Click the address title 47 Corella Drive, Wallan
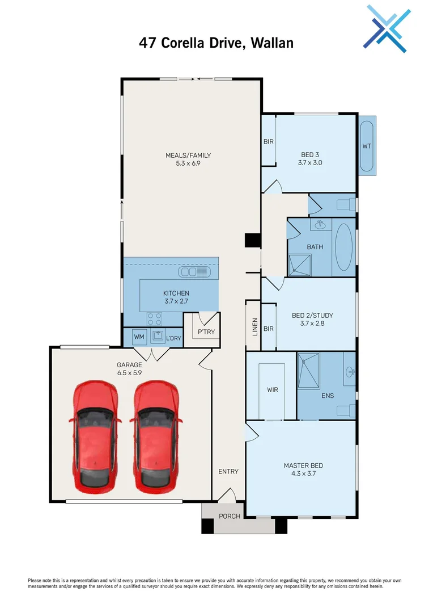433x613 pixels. click(x=216, y=43)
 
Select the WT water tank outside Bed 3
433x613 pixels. click(x=367, y=146)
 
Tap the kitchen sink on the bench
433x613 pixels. click(x=195, y=272)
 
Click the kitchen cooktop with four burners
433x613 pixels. click(x=154, y=319)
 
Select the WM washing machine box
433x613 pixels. click(x=139, y=337)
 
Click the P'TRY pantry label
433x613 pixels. click(x=206, y=332)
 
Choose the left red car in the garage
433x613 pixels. click(x=95, y=435)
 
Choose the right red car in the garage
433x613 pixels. click(x=156, y=435)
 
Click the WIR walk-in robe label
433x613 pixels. click(x=273, y=391)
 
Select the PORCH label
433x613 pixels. click(x=230, y=516)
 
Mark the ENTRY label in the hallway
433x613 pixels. click(x=228, y=471)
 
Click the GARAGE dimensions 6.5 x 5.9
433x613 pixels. click(x=129, y=373)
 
